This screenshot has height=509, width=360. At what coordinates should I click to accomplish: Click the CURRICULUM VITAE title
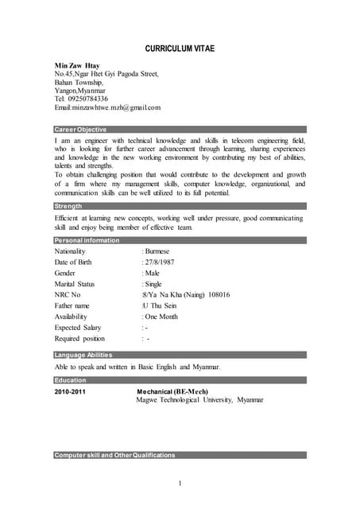point(180,49)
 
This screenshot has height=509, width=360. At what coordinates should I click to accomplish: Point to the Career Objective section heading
point(80,129)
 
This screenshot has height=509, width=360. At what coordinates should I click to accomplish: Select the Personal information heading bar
point(87,240)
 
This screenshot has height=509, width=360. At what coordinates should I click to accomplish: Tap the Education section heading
point(71,380)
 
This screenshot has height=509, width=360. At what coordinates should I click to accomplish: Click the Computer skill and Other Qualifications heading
point(114,455)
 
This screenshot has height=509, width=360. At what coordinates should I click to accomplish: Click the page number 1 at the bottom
point(180,484)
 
